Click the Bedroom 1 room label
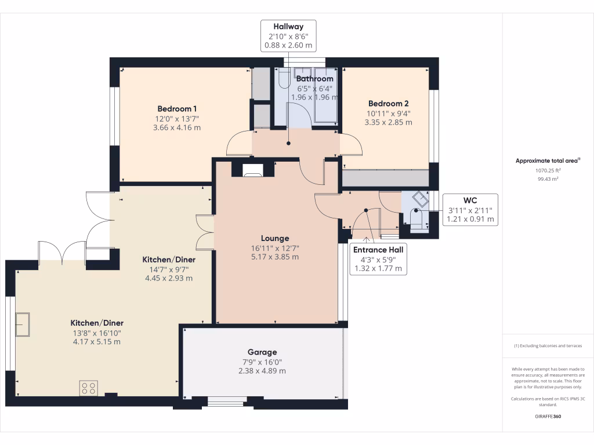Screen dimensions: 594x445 click(177, 109)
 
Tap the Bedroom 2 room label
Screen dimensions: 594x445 click(388, 104)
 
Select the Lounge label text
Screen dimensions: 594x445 click(275, 238)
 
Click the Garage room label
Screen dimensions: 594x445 click(262, 352)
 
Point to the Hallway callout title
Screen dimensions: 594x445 click(288, 27)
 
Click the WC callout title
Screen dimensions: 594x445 click(470, 200)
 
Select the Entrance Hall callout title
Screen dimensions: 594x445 click(378, 250)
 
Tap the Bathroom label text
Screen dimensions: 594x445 click(315, 79)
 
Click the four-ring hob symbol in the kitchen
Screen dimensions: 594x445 click(89, 388)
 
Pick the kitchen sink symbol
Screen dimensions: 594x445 click(23, 324)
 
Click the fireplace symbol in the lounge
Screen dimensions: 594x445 click(253, 170)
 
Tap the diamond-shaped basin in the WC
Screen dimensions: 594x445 click(421, 199)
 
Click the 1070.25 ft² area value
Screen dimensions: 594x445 click(548, 171)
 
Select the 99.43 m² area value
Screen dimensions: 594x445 click(548, 179)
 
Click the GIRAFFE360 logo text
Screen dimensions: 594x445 click(548, 416)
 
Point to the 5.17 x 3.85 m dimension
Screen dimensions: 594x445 click(275, 257)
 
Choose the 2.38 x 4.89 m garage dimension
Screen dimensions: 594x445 click(262, 371)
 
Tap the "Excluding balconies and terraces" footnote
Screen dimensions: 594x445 click(548, 346)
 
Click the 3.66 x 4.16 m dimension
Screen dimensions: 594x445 click(177, 128)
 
